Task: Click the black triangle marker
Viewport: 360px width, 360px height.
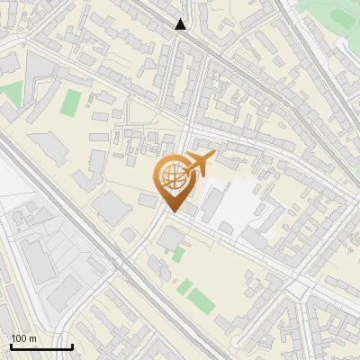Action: pyautogui.click(x=181, y=24)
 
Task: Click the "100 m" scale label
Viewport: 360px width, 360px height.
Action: pyautogui.click(x=23, y=337)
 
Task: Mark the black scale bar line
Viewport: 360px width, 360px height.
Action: pyautogui.click(x=41, y=346)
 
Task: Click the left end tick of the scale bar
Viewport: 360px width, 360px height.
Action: pyautogui.click(x=11, y=345)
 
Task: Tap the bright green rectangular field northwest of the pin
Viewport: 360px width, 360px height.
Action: pyautogui.click(x=70, y=103)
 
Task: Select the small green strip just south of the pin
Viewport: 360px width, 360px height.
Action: pyautogui.click(x=178, y=255)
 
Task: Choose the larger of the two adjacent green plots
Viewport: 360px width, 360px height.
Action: pyautogui.click(x=185, y=288)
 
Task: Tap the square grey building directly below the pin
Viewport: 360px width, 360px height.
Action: pyautogui.click(x=171, y=238)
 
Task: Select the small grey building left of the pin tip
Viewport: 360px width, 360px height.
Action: pyautogui.click(x=148, y=200)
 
